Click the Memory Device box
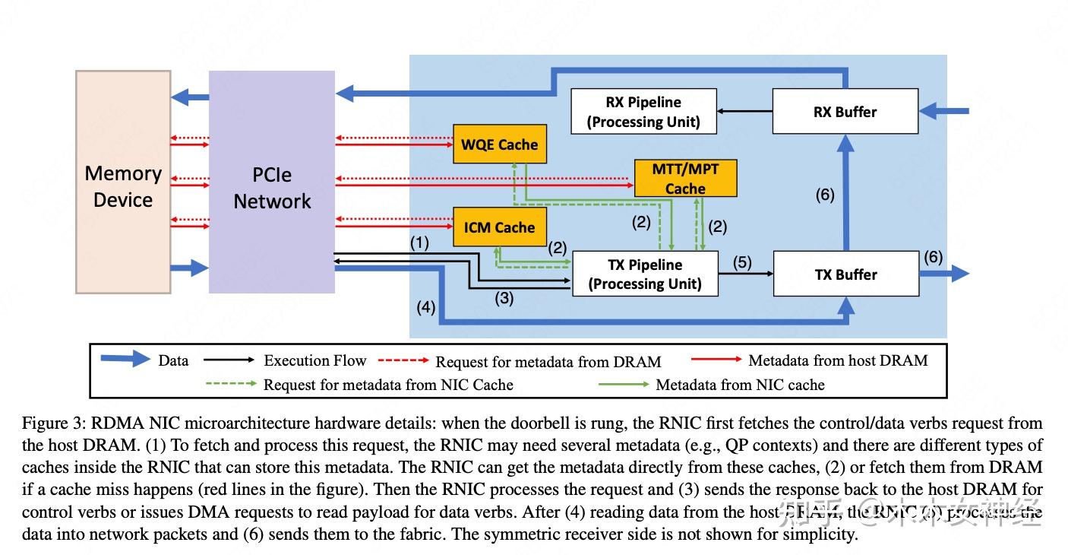[122, 182]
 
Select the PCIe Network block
[271, 182]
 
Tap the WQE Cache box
[499, 144]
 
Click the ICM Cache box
[499, 227]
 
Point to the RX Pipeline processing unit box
[643, 112]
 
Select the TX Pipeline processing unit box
[644, 274]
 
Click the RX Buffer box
[845, 112]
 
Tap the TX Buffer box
[845, 274]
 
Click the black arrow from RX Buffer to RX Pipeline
[744, 112]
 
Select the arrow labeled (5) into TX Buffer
[745, 274]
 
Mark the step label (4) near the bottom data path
[425, 308]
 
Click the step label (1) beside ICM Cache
[419, 243]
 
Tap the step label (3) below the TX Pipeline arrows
[504, 299]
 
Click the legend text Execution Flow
[314, 360]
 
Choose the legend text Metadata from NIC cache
[740, 385]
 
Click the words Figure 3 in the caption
[48, 423]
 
